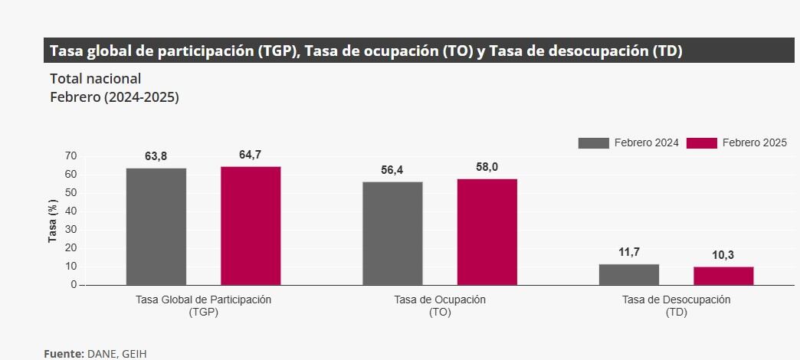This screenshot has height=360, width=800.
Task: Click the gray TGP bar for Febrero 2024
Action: pyautogui.click(x=156, y=226)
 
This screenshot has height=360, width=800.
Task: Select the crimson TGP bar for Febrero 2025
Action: pyautogui.click(x=251, y=225)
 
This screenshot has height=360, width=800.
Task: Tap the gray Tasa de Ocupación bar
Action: pyautogui.click(x=392, y=233)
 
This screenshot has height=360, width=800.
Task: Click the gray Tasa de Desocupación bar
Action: pyautogui.click(x=628, y=274)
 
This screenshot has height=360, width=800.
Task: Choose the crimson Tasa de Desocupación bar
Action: pyautogui.click(x=723, y=276)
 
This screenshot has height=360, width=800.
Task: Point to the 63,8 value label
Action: pyautogui.click(x=156, y=156)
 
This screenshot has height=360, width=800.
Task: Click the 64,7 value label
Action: pyautogui.click(x=250, y=155)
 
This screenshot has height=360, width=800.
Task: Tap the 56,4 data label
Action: pyautogui.click(x=392, y=170)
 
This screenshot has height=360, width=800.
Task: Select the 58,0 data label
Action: pyautogui.click(x=487, y=167)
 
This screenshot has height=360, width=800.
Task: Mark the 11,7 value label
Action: pyautogui.click(x=628, y=252)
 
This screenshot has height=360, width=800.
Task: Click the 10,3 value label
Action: pyautogui.click(x=723, y=255)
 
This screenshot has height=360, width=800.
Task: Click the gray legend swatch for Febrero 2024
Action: pyautogui.click(x=593, y=143)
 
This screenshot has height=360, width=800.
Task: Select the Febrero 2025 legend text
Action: pyautogui.click(x=754, y=143)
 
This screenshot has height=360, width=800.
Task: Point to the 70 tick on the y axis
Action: pyautogui.click(x=70, y=155)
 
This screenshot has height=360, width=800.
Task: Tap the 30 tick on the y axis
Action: pyautogui.click(x=70, y=229)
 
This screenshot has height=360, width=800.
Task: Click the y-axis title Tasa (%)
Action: pyautogui.click(x=53, y=221)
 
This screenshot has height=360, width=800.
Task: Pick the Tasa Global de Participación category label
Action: pyautogui.click(x=203, y=299)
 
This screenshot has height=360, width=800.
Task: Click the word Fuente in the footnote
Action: pyautogui.click(x=63, y=353)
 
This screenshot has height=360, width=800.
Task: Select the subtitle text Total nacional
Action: pyautogui.click(x=95, y=78)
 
